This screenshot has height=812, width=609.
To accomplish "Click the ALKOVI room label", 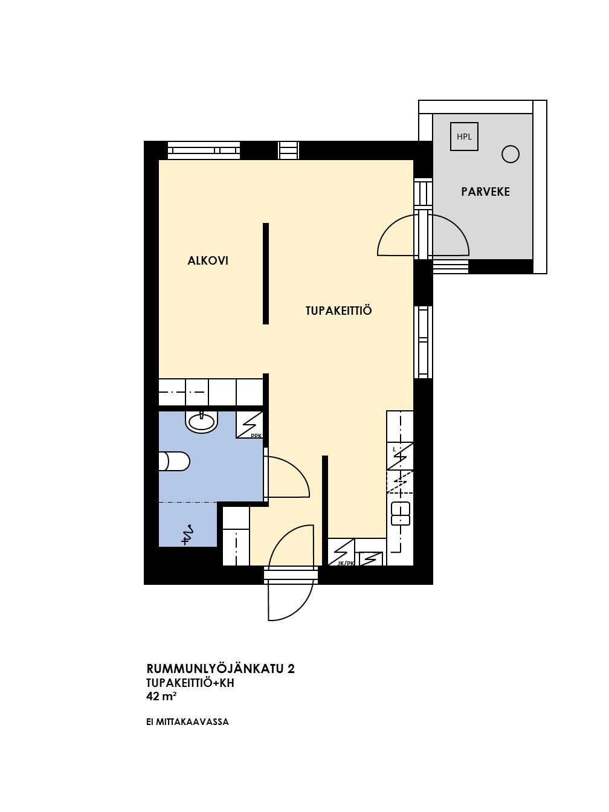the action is (207, 261).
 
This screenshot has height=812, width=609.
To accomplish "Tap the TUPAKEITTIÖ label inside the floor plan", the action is (338, 311).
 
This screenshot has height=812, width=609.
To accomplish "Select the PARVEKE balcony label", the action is (485, 192).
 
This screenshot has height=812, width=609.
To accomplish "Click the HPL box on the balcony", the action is (464, 137).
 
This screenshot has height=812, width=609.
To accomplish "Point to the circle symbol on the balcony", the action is (511, 154).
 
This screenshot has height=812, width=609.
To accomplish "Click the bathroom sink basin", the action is (202, 421).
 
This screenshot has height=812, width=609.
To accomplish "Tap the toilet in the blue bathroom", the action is (174, 462).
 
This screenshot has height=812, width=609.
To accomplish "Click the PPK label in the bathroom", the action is (256, 436).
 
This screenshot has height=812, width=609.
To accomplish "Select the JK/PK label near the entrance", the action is (346, 564).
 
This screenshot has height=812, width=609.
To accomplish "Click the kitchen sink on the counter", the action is (401, 514).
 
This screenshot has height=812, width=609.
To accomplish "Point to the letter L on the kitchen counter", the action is (394, 449).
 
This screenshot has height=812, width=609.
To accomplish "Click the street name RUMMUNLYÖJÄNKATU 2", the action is (221, 669).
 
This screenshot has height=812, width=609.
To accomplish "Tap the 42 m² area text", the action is (161, 697).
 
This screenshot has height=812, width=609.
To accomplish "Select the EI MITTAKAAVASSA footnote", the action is (187, 722).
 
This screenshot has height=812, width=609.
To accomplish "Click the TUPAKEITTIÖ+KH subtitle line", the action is (190, 683).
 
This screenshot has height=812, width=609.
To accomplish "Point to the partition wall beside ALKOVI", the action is (265, 273).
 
